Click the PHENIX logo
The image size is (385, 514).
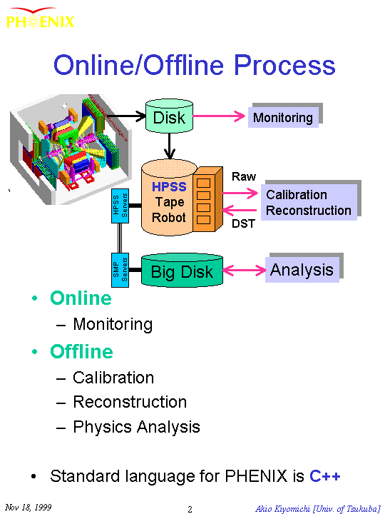pos(40,18)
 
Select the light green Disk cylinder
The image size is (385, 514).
pos(169,116)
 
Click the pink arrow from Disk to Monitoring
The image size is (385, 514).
pos(219,116)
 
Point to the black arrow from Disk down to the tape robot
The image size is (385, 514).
pos(169,146)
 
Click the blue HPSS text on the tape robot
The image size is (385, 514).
pos(169,186)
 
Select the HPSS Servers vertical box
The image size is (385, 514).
pos(120,206)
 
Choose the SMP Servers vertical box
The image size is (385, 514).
pos(120,270)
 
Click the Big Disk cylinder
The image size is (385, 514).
pos(182,270)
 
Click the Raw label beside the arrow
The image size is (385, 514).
pos(244,176)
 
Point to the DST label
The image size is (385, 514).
pos(243,223)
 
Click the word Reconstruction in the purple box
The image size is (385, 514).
pos(309,210)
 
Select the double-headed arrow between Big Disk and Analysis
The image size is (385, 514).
pos(245,271)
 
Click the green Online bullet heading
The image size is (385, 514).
pos(81,298)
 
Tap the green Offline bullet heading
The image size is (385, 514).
pos(81,351)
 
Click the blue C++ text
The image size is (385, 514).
pos(325,475)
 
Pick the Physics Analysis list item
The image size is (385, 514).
pos(136,427)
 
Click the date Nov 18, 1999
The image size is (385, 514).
pos(28,507)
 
